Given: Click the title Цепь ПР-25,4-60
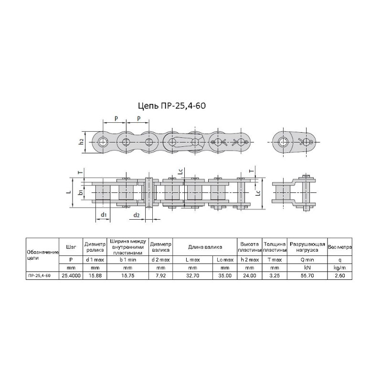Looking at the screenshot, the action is [x=172, y=106].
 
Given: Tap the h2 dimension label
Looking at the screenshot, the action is [x=82, y=141].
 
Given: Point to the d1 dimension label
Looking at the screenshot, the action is [x=104, y=214].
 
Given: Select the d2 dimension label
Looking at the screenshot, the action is [x=137, y=215].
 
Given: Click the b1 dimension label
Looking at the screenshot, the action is [x=81, y=192].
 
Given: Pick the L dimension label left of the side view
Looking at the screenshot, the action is [x=69, y=192].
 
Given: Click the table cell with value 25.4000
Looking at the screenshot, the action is [x=71, y=276].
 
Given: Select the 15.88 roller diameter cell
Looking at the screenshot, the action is [x=95, y=276].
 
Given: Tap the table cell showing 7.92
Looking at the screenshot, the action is [x=160, y=276].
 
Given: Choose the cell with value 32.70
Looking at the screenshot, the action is [x=192, y=276].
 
